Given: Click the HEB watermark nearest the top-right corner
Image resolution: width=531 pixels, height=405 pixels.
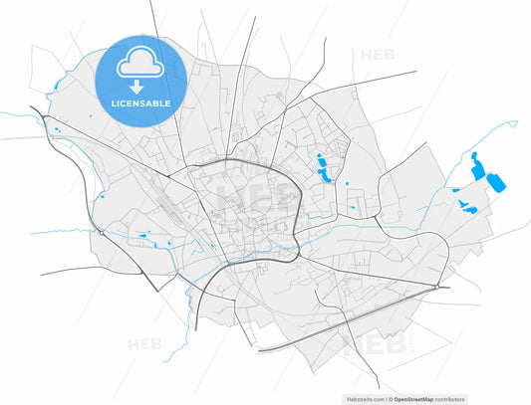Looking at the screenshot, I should (380, 56).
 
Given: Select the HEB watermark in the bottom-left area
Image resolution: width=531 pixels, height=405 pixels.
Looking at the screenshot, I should (145, 345).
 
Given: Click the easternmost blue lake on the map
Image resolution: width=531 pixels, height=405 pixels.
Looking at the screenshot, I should (494, 181).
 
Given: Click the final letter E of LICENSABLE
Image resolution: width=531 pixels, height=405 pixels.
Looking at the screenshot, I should (167, 102).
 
